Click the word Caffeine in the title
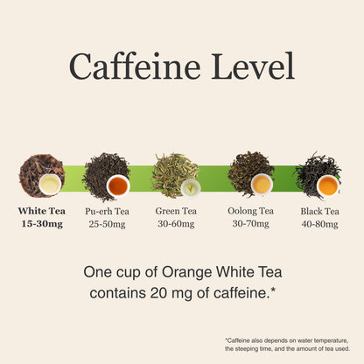[x=135, y=66]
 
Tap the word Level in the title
[x=253, y=66]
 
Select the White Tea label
[x=42, y=211]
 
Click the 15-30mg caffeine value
[x=42, y=224]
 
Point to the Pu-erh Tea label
[x=107, y=211]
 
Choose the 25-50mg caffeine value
[x=107, y=224]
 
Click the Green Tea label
[x=176, y=211]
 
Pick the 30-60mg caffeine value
[x=176, y=224]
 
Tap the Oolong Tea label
[x=250, y=211]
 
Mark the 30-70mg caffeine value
[x=250, y=223]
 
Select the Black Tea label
[x=320, y=211]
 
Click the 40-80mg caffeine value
[x=320, y=224]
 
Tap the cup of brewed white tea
[x=50, y=185]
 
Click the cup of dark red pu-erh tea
[x=118, y=185]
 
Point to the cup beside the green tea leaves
[x=191, y=189]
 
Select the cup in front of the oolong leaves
[x=262, y=184]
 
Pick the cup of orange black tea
[x=328, y=185]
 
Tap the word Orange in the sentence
[x=187, y=273]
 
